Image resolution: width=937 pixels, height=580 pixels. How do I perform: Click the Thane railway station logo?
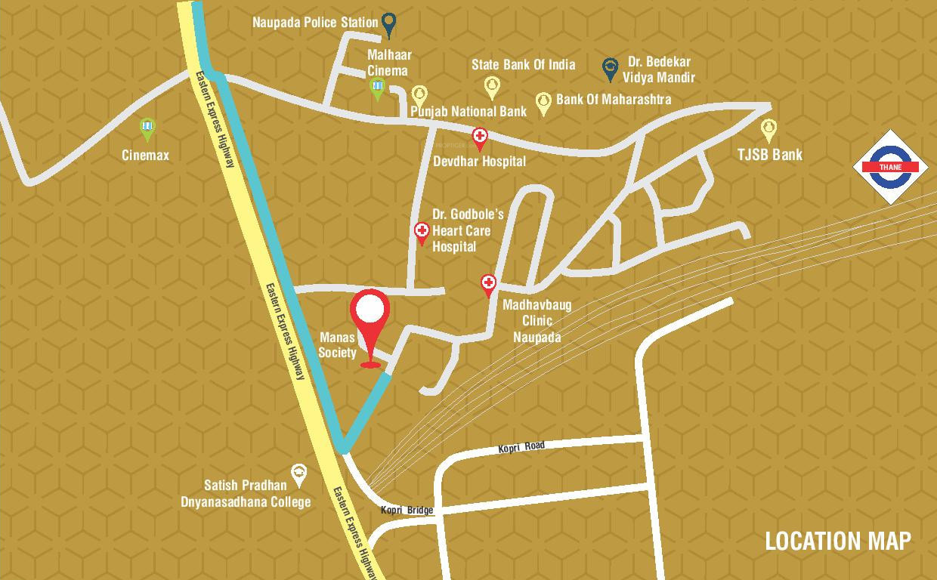(x=890, y=167)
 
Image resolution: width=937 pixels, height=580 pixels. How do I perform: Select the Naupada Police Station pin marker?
(x=388, y=24)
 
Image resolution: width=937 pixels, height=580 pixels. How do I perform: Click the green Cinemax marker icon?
(x=148, y=129)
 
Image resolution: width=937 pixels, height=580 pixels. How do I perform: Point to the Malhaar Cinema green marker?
(x=378, y=89)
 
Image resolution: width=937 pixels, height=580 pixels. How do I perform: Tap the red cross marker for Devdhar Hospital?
(x=480, y=138)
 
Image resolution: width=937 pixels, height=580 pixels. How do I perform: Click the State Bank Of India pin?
(x=492, y=86)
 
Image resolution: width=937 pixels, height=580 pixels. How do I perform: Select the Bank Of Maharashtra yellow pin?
(x=543, y=103)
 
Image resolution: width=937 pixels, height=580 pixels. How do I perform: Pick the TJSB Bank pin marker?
(x=768, y=130)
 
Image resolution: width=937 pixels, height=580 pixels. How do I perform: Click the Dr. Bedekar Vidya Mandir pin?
(x=610, y=69)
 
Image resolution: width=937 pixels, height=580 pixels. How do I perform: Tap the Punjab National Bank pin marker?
(x=419, y=96)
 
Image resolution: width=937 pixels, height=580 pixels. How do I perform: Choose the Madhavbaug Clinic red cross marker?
(x=489, y=285)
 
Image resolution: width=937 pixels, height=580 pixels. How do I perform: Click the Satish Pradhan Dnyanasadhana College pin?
(x=299, y=474)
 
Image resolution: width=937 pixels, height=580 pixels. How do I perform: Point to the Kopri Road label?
(x=521, y=447)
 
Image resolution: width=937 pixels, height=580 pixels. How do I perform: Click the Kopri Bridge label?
(x=407, y=511)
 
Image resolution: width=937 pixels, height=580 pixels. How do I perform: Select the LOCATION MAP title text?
(x=838, y=541)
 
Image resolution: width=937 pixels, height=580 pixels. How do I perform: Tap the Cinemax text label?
(x=146, y=156)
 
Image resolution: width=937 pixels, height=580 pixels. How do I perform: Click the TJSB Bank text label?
(x=770, y=155)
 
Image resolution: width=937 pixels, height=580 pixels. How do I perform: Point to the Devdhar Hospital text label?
(x=479, y=161)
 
